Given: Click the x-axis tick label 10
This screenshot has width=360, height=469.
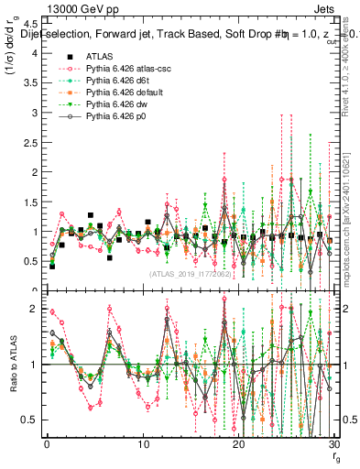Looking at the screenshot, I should [143, 444].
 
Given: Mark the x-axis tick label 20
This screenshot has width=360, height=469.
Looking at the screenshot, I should [239, 444].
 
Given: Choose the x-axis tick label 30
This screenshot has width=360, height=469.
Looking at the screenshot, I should [334, 444].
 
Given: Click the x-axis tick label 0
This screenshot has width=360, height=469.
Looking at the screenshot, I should [47, 444].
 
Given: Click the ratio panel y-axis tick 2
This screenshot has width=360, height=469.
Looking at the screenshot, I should [35, 309].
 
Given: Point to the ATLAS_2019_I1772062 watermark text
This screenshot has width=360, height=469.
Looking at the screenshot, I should [189, 274].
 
